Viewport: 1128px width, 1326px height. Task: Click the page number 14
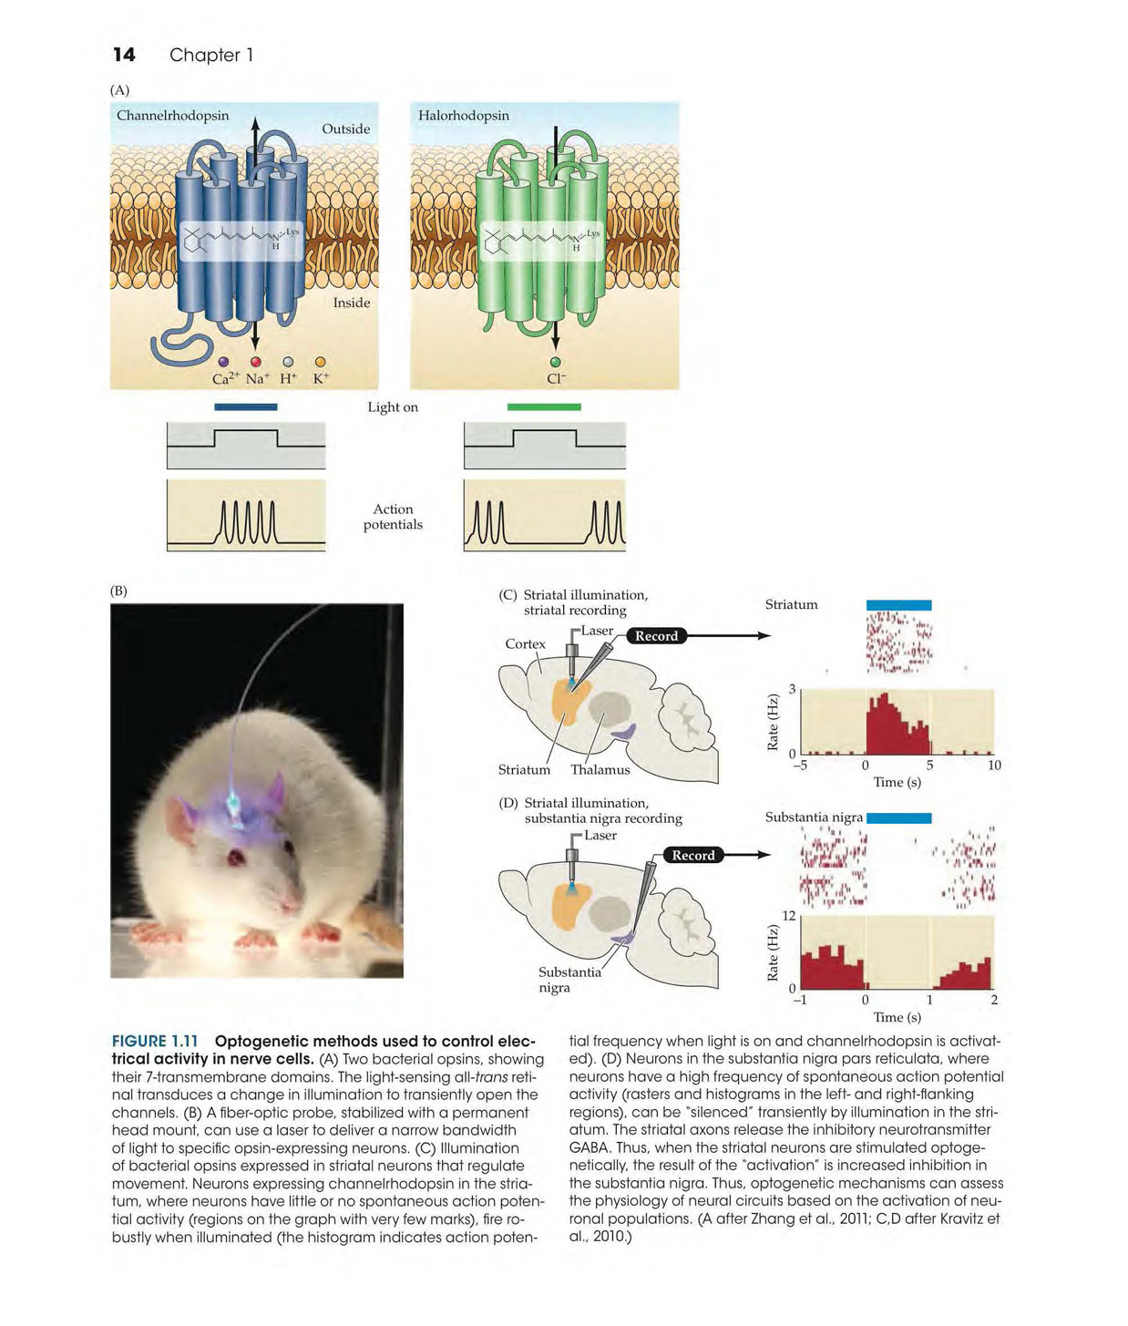124,55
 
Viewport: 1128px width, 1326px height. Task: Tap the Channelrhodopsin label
172,116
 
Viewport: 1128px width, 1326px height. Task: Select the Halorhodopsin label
464,116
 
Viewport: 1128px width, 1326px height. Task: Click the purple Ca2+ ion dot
223,363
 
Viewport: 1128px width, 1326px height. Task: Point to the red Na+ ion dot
255,363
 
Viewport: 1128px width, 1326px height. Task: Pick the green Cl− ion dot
555,363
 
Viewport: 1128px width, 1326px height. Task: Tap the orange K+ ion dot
321,363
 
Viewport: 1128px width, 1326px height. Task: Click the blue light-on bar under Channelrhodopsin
246,406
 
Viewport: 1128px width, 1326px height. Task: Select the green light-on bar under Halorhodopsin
544,406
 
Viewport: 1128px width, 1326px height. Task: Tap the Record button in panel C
656,636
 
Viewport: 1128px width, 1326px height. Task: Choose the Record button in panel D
692,855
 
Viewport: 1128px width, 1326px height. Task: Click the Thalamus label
600,770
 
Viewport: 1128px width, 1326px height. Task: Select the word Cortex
525,643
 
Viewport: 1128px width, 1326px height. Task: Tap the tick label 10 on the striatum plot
994,765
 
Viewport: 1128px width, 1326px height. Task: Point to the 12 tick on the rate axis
788,915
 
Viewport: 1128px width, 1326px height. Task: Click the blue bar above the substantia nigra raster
898,817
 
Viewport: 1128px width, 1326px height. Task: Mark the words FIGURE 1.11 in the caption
155,1041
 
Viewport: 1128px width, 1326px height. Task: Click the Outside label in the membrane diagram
345,128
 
